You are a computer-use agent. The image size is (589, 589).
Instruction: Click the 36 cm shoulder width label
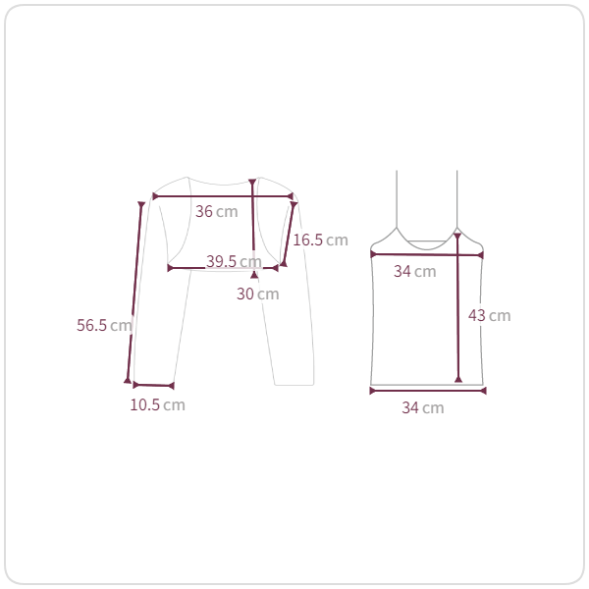217,211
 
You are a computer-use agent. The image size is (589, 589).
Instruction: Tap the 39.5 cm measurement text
234,261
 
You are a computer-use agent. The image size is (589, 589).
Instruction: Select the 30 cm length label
258,294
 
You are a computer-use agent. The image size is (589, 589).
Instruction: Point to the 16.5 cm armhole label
320,241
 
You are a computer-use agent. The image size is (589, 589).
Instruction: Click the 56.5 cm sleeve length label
104,325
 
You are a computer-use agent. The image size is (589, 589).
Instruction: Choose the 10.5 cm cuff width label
158,404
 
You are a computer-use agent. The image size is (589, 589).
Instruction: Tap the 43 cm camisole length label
490,315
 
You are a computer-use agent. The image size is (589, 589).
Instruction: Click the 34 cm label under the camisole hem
423,407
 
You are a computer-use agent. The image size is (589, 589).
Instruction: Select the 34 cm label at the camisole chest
415,271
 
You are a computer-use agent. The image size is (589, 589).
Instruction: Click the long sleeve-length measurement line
134,293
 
